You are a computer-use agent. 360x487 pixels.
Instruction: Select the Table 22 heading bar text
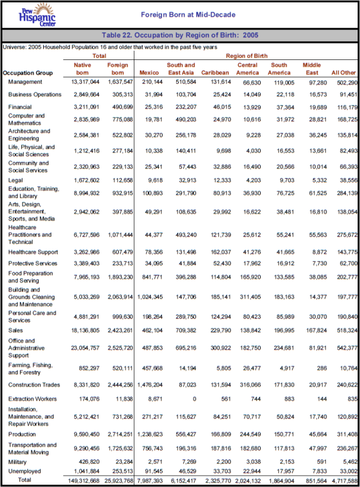coord(180,35)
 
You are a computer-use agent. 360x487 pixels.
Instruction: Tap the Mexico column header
coord(149,73)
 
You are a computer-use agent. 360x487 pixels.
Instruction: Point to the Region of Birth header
coord(246,56)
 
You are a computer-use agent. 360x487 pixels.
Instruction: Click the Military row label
coord(19,461)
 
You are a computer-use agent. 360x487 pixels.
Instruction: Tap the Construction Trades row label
coord(33,384)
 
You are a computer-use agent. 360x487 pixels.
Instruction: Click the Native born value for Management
coord(81,82)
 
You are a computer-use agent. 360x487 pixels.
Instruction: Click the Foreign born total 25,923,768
coord(115,480)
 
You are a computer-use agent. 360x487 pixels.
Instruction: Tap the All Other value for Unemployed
coord(344,470)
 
